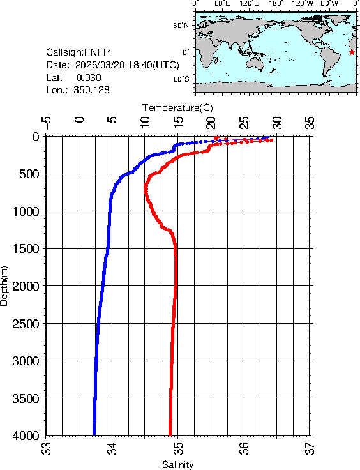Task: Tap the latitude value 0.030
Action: [89, 78]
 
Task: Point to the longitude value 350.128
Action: [91, 91]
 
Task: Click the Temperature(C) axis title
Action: [177, 107]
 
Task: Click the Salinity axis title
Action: [177, 465]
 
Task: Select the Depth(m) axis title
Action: [5, 285]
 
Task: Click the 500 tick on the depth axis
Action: [31, 174]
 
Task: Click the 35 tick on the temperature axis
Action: [310, 121]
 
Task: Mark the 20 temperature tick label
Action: [211, 121]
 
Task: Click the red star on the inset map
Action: [352, 52]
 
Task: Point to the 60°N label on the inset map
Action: [181, 26]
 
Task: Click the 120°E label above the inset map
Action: [249, 4]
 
